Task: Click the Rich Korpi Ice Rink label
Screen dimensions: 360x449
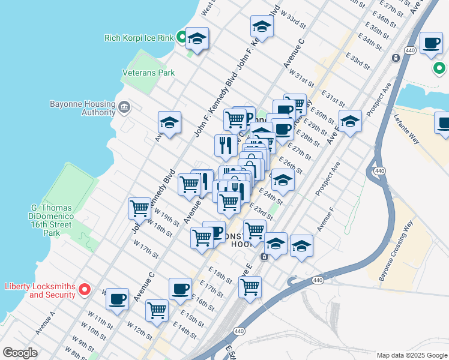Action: [139, 38]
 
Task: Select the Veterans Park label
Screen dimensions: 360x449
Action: [148, 73]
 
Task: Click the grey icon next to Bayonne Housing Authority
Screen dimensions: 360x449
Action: [124, 107]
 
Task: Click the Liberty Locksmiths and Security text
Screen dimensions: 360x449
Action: [40, 290]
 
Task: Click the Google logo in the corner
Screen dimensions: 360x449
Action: [20, 353]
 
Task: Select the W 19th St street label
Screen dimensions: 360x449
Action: [166, 216]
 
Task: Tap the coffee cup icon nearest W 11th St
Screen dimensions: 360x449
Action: [117, 298]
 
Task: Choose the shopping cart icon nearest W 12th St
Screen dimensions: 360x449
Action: [157, 310]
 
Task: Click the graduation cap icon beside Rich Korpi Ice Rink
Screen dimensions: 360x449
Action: [197, 39]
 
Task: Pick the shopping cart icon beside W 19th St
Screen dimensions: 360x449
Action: [139, 208]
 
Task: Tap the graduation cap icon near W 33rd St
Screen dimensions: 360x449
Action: [262, 26]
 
